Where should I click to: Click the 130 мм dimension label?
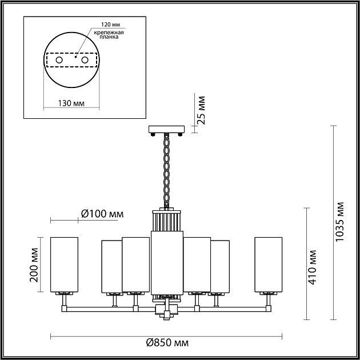(x=71, y=102)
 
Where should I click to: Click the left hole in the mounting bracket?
(x=58, y=59)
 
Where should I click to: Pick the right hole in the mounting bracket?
(x=85, y=59)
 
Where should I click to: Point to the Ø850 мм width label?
(x=167, y=343)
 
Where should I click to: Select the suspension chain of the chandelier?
(x=166, y=169)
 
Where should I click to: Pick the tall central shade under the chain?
(x=166, y=260)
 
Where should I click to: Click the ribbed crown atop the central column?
(x=166, y=219)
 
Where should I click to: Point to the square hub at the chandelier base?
(x=166, y=312)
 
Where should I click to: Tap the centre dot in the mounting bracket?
(x=75, y=57)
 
